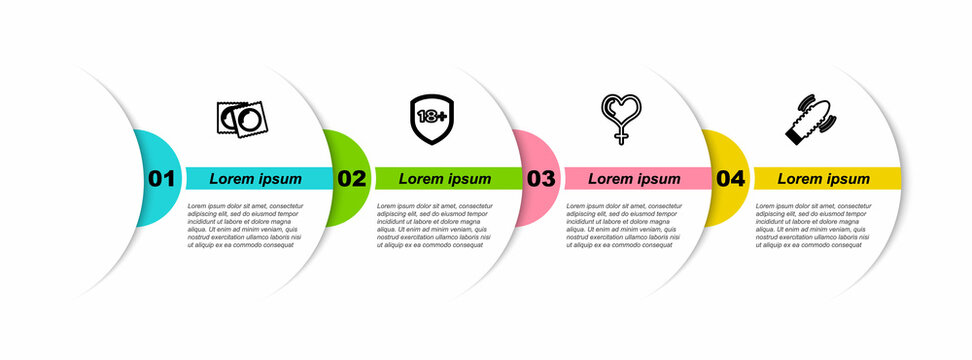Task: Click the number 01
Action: tap(161, 179)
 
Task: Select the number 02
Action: tap(351, 179)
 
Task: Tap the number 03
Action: tap(541, 179)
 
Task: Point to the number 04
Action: tap(731, 179)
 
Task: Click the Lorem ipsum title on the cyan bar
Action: tap(255, 179)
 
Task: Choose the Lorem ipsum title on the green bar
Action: tap(445, 179)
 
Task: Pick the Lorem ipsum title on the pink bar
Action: tap(634, 179)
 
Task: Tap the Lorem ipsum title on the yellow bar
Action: tap(824, 179)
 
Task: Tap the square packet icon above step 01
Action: tap(242, 118)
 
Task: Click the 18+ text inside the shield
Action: tap(431, 116)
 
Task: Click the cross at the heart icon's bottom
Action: tap(620, 136)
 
